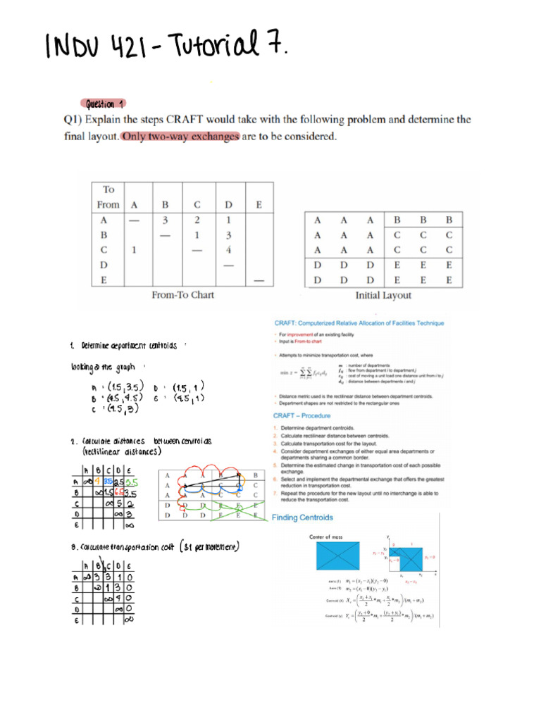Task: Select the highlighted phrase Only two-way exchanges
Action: click(180, 137)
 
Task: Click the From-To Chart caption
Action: click(183, 295)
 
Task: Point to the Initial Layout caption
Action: click(383, 295)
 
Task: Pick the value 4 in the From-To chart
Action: click(229, 249)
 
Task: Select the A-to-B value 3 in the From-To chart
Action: click(165, 219)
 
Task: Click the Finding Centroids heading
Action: click(303, 518)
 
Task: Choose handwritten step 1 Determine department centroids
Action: click(127, 345)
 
